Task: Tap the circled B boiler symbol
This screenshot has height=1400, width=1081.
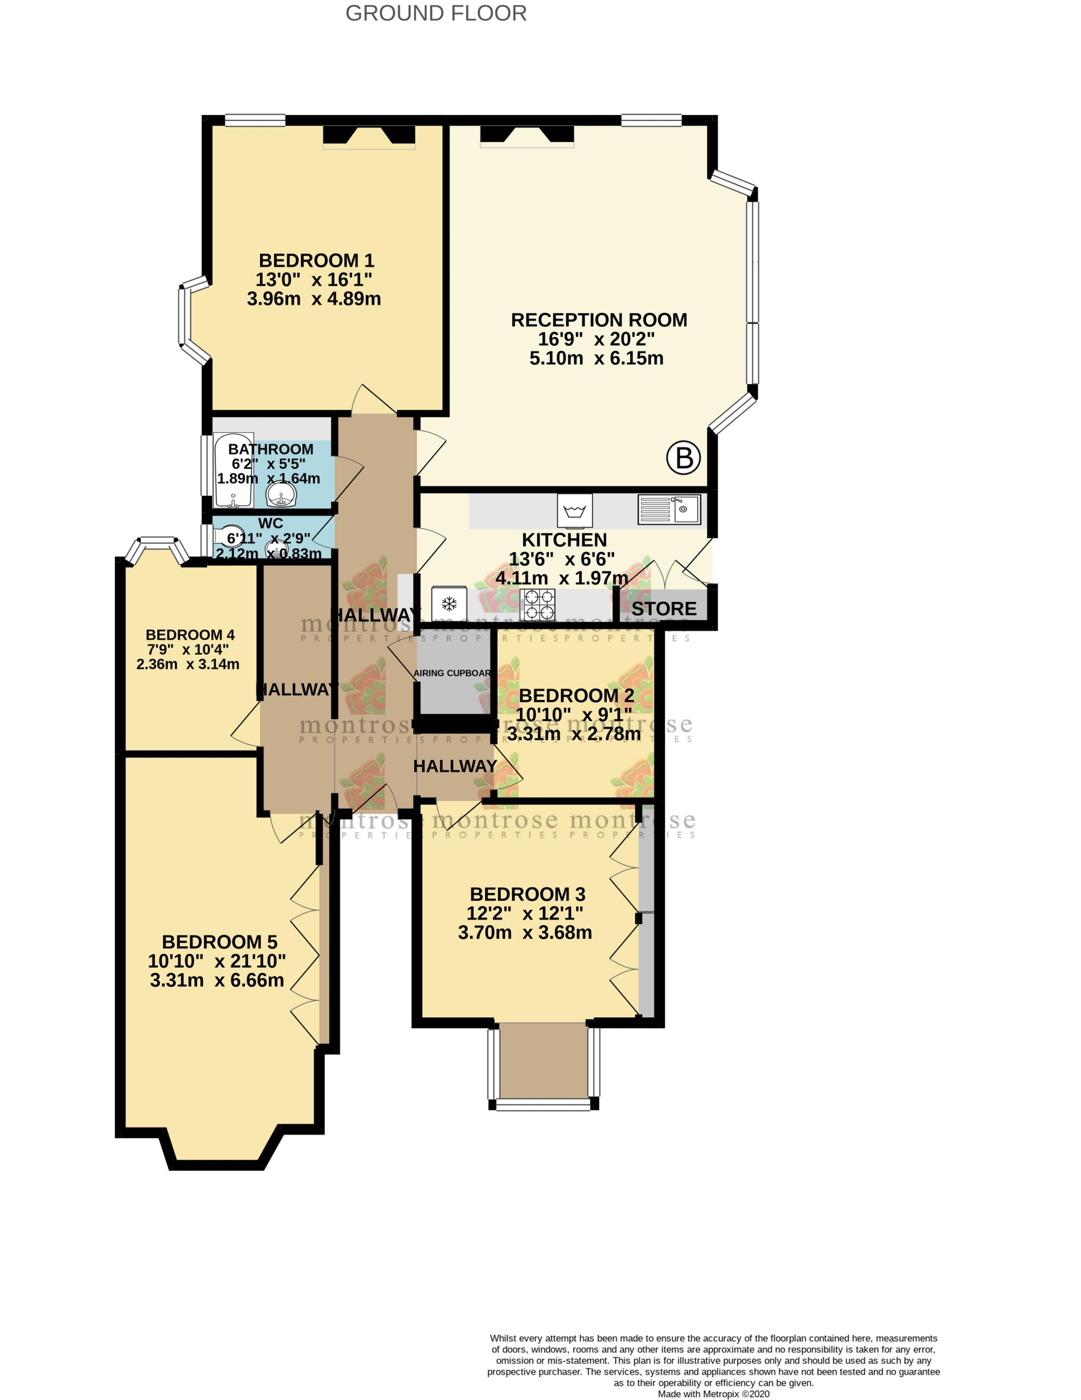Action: click(x=683, y=458)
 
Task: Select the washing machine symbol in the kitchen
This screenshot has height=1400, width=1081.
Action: click(x=575, y=511)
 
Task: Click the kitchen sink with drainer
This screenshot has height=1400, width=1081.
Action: click(x=669, y=509)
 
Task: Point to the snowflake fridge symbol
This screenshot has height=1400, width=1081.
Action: click(x=448, y=604)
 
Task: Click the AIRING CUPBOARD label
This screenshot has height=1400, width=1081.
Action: click(x=452, y=673)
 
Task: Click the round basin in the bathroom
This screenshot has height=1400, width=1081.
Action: click(x=281, y=494)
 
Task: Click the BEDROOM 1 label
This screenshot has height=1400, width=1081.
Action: click(x=316, y=260)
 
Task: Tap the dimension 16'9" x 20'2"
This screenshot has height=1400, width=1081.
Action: click(x=596, y=339)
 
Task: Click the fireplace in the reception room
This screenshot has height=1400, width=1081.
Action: click(x=527, y=135)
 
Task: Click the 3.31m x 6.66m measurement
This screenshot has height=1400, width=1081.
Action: click(x=217, y=980)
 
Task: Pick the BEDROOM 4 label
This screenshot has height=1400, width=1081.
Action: click(x=190, y=635)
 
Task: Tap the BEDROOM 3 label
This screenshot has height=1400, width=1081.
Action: click(x=528, y=894)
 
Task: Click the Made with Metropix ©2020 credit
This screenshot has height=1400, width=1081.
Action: click(x=713, y=1394)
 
